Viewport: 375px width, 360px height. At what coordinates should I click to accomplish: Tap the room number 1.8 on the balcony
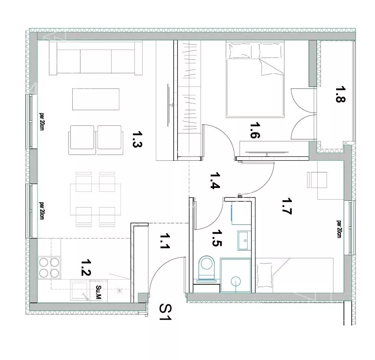340,94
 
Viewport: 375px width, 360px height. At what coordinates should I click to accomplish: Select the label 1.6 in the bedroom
255,130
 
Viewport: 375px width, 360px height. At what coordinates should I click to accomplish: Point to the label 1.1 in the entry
164,241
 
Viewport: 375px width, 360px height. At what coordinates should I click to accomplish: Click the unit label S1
166,312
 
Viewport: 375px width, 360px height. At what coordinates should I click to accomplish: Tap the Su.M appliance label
98,292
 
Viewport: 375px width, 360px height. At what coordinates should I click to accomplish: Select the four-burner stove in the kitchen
49,267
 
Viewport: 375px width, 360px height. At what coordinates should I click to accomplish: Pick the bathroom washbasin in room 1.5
244,240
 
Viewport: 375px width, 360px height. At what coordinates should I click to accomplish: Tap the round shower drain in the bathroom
236,281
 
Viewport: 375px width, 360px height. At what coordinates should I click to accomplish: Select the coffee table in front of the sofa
96,99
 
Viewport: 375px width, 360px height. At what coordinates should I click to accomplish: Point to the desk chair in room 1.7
317,180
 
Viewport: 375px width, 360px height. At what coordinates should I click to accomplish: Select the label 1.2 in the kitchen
85,268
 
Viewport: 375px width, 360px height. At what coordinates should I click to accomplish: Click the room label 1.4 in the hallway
215,181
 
